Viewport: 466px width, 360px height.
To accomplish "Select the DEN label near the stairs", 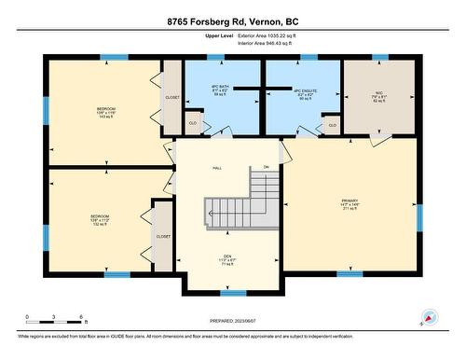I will point(221,261).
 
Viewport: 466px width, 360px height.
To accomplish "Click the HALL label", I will point(217,168).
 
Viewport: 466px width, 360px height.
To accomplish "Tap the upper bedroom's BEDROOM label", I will point(107,109).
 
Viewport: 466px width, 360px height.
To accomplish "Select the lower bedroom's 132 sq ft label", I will point(101,225).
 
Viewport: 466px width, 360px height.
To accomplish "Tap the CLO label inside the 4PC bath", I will point(193,122).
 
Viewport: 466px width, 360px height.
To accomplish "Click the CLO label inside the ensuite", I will point(332,124).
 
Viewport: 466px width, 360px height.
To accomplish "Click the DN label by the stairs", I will point(266,167).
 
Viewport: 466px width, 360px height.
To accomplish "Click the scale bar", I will point(55,323).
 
